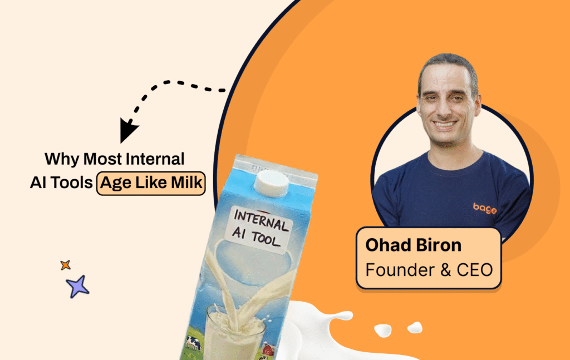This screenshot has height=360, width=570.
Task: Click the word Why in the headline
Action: (x=62, y=160)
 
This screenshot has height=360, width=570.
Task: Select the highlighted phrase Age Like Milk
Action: (x=151, y=184)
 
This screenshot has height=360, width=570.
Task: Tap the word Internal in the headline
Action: (x=155, y=160)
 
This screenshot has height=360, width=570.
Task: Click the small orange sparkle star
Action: (x=66, y=265)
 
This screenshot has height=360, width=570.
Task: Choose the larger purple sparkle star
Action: (x=77, y=286)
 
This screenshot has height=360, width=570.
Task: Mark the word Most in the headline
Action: (x=102, y=160)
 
